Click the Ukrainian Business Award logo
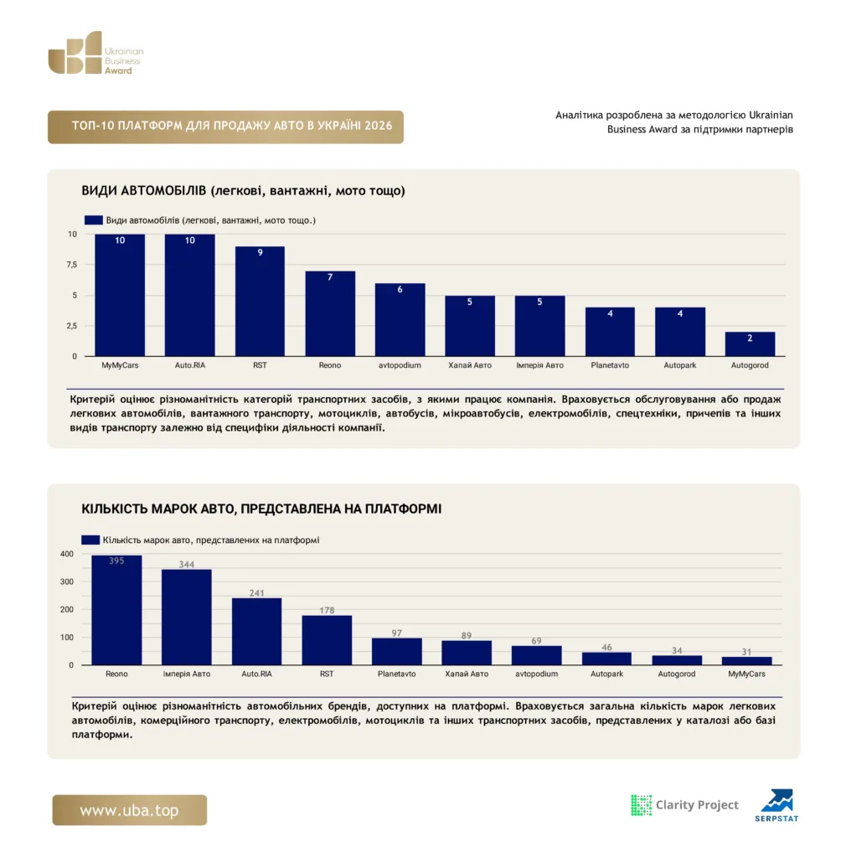point(95,53)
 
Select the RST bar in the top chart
point(260,301)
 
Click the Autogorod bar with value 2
point(750,344)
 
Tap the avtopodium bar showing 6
point(400,319)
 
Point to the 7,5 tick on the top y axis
point(72,265)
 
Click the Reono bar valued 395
point(116,610)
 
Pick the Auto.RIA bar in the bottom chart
point(256,632)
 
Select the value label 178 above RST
point(327,610)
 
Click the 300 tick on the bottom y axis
point(67,581)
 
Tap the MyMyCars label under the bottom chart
point(746,674)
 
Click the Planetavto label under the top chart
point(610,365)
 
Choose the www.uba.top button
point(130,810)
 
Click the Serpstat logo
point(777,805)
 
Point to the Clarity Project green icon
point(641,805)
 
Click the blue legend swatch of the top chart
point(94,220)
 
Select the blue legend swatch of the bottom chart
point(90,540)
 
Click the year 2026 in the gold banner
point(379,126)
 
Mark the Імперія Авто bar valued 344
point(187,618)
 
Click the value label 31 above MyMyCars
point(746,652)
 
